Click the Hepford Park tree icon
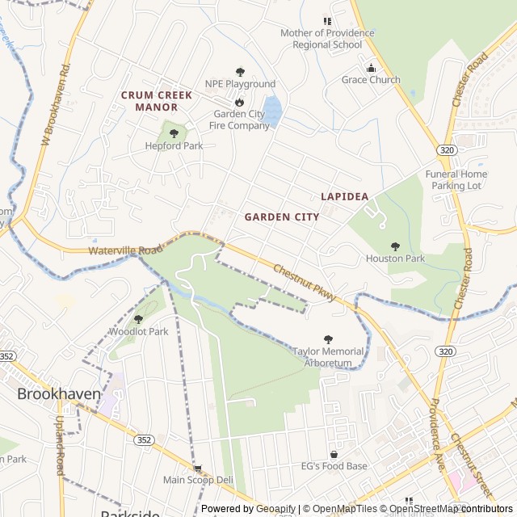tap(174, 133)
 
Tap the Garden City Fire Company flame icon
tap(239, 103)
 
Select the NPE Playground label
tap(240, 84)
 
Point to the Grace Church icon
tap(371, 68)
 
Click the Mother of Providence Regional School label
tap(327, 39)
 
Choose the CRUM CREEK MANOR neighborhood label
tap(157, 101)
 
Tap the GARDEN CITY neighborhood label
tap(281, 217)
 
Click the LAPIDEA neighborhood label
tap(344, 196)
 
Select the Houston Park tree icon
tap(395, 246)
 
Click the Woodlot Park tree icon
tap(138, 319)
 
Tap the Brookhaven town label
tap(59, 394)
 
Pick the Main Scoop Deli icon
tap(198, 468)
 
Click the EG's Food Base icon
tap(334, 454)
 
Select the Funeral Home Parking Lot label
tap(456, 179)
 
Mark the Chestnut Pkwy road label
tap(303, 280)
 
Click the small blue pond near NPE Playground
tap(273, 111)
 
